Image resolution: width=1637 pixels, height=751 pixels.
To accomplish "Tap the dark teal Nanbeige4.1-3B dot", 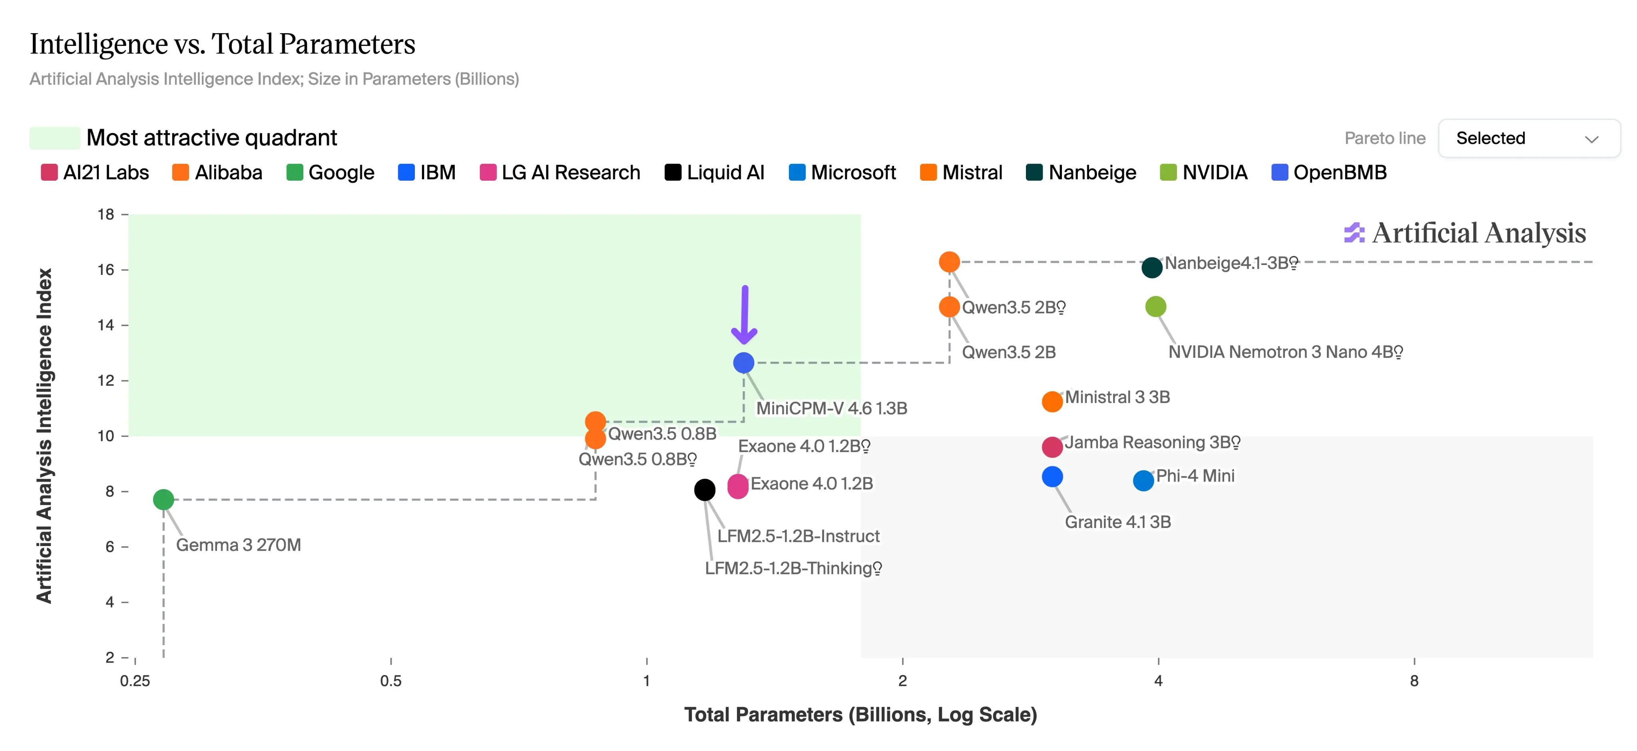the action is (x=1151, y=267).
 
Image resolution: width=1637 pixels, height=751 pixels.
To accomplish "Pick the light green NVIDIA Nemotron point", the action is (x=1155, y=307).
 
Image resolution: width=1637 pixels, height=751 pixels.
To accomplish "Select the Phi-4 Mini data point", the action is (x=1143, y=480).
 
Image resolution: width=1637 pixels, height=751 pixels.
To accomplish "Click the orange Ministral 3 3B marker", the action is (x=1052, y=402).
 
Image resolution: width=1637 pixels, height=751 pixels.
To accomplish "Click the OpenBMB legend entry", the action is (x=1329, y=172).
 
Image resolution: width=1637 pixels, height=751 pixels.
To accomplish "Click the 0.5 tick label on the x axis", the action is (x=391, y=681).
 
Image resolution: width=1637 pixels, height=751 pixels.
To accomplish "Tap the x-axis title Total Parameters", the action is (x=860, y=715).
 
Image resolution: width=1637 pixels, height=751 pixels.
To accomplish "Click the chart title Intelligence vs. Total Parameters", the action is (x=223, y=44).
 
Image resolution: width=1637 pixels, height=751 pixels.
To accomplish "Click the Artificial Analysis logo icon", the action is (x=1354, y=233).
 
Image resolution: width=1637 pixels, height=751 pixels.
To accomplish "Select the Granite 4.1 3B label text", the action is (x=1118, y=522).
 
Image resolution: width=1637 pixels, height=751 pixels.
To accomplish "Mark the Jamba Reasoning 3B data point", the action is (x=1052, y=447).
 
